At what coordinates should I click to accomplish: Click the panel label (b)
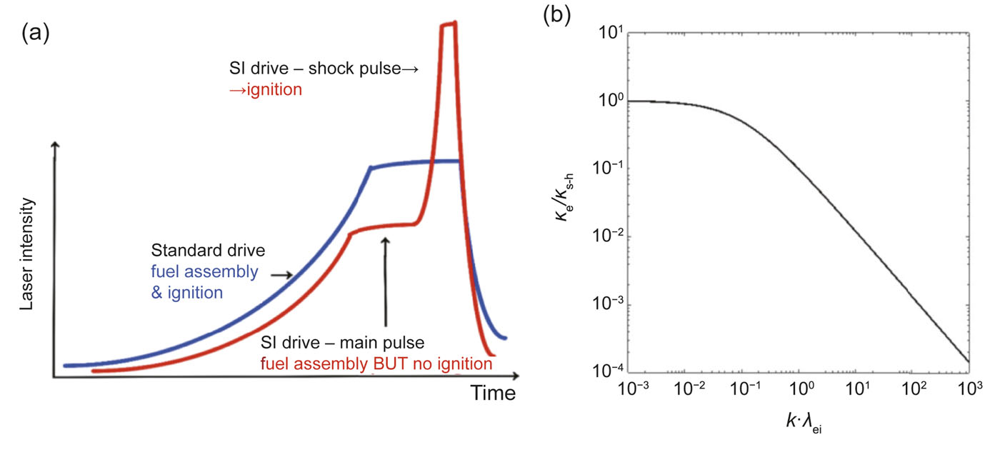pos(557,16)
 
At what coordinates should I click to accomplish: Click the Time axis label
pos(492,393)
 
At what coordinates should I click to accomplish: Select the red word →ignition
pos(260,90)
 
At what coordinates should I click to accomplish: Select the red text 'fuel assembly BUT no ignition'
pos(378,364)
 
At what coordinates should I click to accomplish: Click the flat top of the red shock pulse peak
pos(449,24)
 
